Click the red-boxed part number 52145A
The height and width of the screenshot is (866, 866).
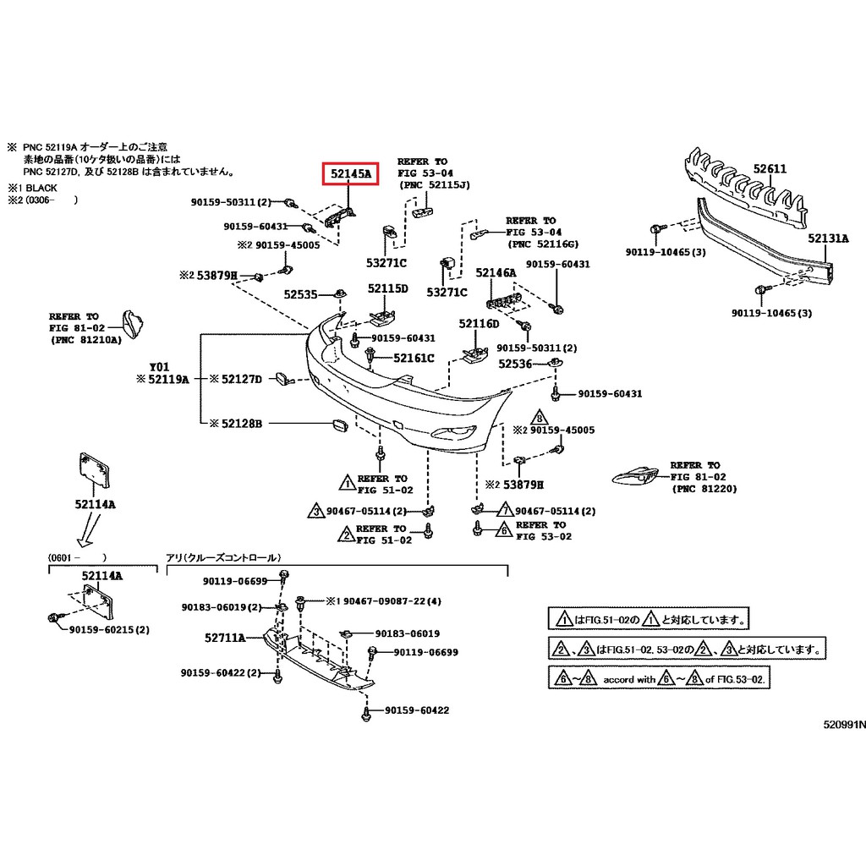[351, 175]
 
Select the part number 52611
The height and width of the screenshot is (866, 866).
[770, 169]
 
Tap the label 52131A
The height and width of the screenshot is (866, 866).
[827, 238]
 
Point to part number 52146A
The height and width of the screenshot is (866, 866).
[495, 272]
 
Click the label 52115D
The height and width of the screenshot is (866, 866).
[387, 288]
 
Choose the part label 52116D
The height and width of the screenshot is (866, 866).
[479, 324]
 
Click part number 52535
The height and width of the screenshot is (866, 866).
[300, 294]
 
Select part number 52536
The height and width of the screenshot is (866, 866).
[515, 364]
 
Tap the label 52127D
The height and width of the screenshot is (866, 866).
[242, 379]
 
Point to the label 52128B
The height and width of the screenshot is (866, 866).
[242, 423]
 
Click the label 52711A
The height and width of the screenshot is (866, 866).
[224, 638]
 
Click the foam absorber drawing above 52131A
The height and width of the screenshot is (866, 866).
[744, 188]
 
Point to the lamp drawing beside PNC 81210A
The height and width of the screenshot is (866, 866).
[132, 324]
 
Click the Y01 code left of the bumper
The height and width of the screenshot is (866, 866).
[159, 367]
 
